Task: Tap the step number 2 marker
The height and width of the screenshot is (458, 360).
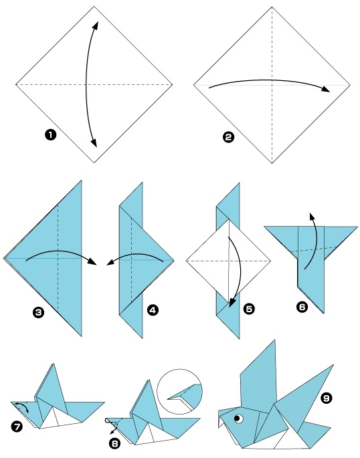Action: click(x=228, y=138)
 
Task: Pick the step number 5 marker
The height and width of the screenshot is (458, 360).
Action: click(x=249, y=309)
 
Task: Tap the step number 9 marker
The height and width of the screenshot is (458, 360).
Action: click(x=326, y=398)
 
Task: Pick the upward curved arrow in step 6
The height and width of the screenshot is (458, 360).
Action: click(x=312, y=241)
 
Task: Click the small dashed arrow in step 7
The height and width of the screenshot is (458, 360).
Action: click(x=23, y=409)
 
